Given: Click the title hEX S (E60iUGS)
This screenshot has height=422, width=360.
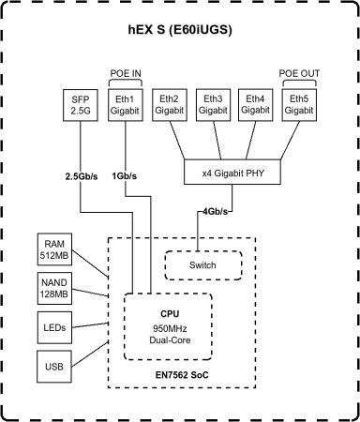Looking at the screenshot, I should click(x=180, y=29).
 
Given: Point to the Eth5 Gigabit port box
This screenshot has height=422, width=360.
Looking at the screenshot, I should click(x=298, y=104).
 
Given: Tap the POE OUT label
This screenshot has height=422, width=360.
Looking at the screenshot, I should click(x=298, y=72).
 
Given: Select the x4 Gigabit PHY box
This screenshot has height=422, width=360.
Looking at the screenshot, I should click(x=232, y=173).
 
